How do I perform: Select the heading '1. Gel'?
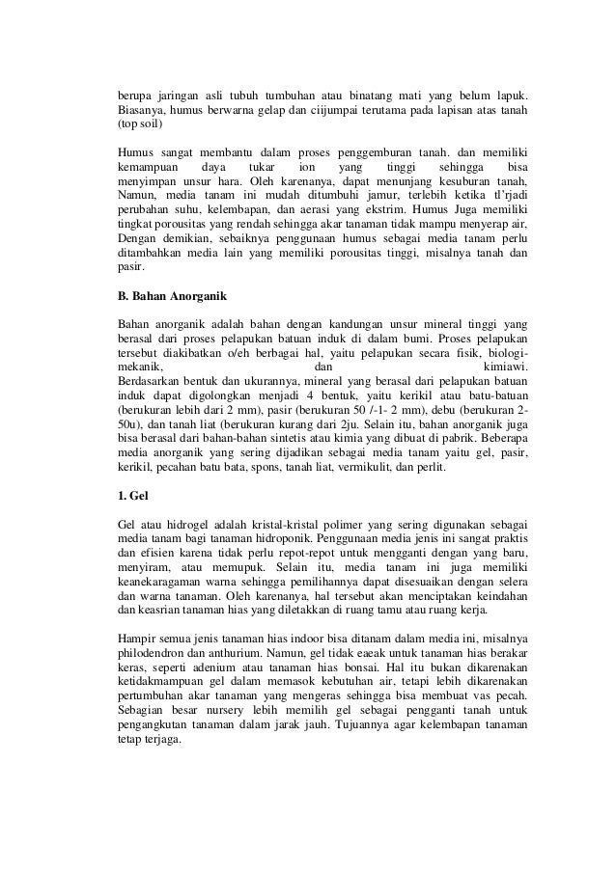tap(131, 497)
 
